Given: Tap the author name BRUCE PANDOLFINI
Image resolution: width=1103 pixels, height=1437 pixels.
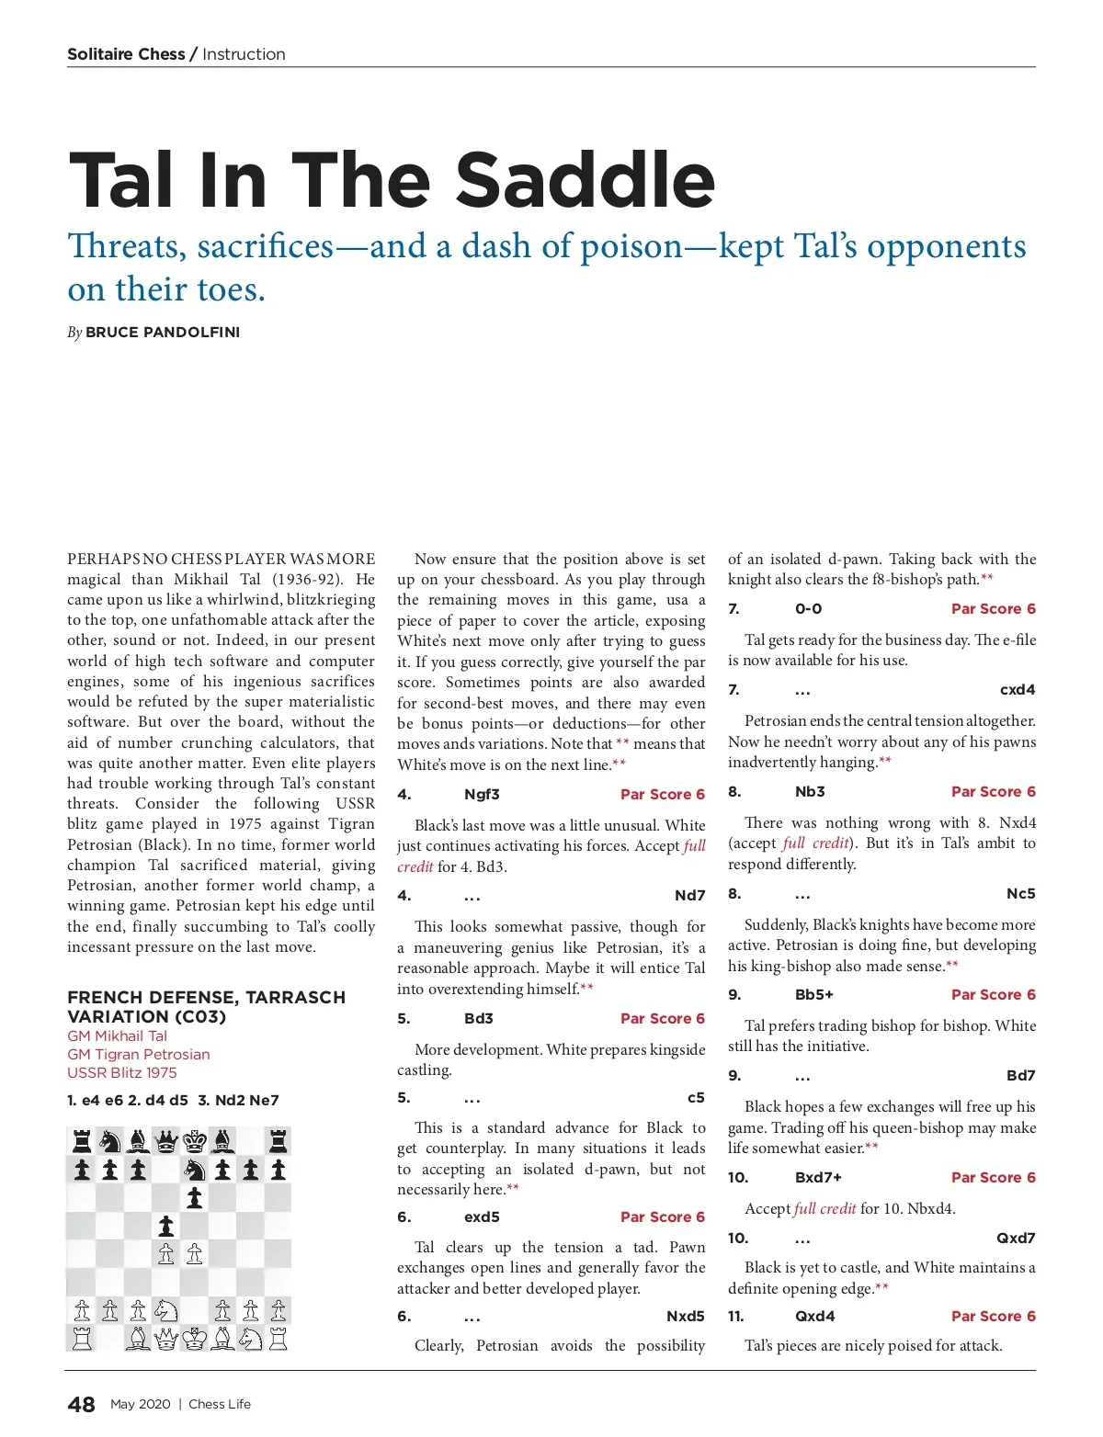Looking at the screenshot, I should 163,333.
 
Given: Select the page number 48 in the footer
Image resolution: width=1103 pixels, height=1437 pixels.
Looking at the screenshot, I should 81,1404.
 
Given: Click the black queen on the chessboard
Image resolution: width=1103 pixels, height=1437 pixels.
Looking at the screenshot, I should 166,1142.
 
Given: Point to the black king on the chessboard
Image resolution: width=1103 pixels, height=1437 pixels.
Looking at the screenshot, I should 195,1142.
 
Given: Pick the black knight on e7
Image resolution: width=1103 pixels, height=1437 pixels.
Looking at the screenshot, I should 195,1170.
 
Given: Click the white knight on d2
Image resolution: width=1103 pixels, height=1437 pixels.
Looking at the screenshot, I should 166,1310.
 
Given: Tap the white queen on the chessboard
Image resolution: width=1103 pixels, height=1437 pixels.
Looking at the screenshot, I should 166,1339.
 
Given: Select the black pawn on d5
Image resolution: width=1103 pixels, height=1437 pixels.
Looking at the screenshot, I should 166,1226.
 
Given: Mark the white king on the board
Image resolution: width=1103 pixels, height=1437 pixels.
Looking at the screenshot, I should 195,1339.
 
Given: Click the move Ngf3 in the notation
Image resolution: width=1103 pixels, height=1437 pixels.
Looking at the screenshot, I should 482,795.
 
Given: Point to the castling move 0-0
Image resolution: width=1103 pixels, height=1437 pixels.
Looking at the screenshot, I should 809,609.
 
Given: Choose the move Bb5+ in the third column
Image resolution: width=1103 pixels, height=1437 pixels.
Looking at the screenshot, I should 814,995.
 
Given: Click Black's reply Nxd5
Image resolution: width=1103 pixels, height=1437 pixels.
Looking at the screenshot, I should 685,1317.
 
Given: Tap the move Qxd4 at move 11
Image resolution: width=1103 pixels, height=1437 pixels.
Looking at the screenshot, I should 815,1317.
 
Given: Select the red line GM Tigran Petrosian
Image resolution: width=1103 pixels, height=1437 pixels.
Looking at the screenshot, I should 139,1055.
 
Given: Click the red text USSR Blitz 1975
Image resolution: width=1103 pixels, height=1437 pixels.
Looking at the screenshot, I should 122,1073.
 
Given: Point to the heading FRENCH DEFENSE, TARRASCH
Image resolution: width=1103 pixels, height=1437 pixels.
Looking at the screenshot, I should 206,998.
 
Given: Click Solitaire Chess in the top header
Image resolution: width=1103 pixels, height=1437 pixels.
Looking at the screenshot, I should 126,54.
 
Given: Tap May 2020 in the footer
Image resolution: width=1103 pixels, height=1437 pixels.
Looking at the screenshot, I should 141,1405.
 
